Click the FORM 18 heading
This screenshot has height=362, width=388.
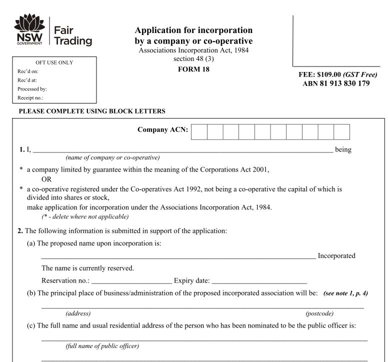[x=193, y=69]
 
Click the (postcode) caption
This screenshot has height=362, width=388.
[x=319, y=313]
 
